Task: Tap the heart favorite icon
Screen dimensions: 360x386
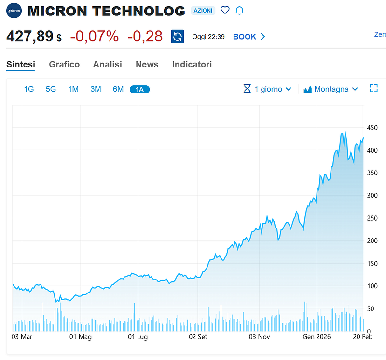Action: (x=225, y=10)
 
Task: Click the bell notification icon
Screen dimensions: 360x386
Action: (x=239, y=10)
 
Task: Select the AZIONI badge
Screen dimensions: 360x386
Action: (x=203, y=11)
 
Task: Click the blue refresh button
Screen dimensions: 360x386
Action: (x=178, y=37)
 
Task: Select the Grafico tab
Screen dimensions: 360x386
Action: (x=64, y=64)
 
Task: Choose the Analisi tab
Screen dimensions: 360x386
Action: (x=108, y=64)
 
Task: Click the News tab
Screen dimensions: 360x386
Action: (x=147, y=64)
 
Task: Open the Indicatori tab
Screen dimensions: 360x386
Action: (x=192, y=64)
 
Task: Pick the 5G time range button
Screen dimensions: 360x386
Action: (x=51, y=89)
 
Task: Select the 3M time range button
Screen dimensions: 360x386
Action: (x=96, y=89)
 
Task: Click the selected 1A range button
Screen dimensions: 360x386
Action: (x=140, y=89)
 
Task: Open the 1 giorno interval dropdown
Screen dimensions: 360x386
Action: (x=268, y=89)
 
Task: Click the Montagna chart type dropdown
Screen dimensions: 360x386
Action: (x=331, y=89)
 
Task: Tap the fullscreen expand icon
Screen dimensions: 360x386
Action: (x=373, y=88)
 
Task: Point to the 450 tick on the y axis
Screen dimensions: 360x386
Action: (x=372, y=128)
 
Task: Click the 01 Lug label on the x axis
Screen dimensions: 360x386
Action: (x=138, y=337)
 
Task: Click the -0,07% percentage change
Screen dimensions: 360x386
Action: (x=95, y=36)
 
